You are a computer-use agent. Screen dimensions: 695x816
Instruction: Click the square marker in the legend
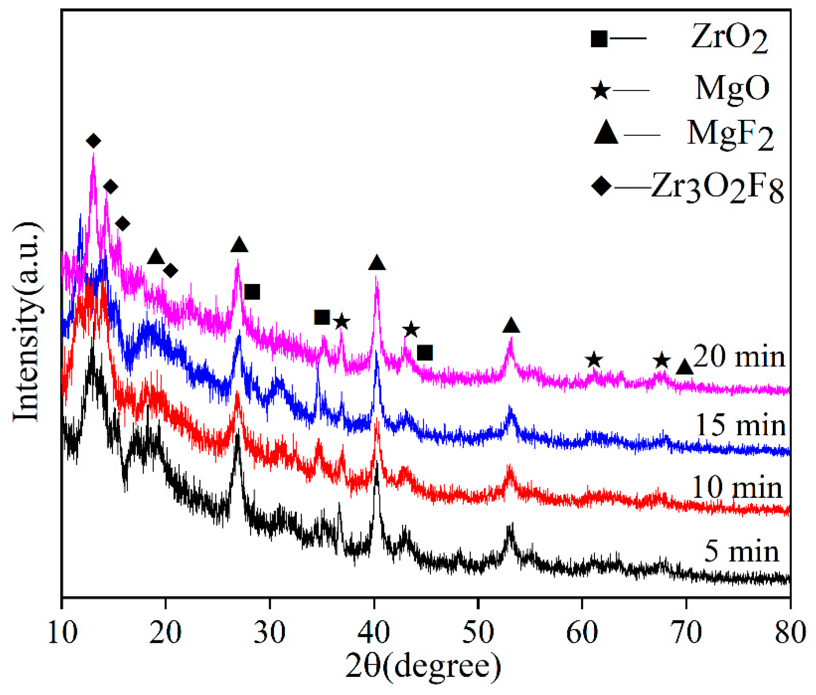599,39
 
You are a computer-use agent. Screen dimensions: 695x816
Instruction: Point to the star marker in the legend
601,90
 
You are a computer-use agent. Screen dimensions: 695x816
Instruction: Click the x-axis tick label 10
62,633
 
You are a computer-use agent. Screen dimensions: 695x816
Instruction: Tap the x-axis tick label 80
790,633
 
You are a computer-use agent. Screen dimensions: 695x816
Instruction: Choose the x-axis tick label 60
582,633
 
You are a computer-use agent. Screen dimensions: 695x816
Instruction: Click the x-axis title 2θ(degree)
423,666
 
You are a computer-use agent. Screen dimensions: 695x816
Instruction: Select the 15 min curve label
741,425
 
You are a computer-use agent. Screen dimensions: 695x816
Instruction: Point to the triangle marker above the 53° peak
511,325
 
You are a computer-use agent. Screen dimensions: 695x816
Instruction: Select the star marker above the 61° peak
594,360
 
